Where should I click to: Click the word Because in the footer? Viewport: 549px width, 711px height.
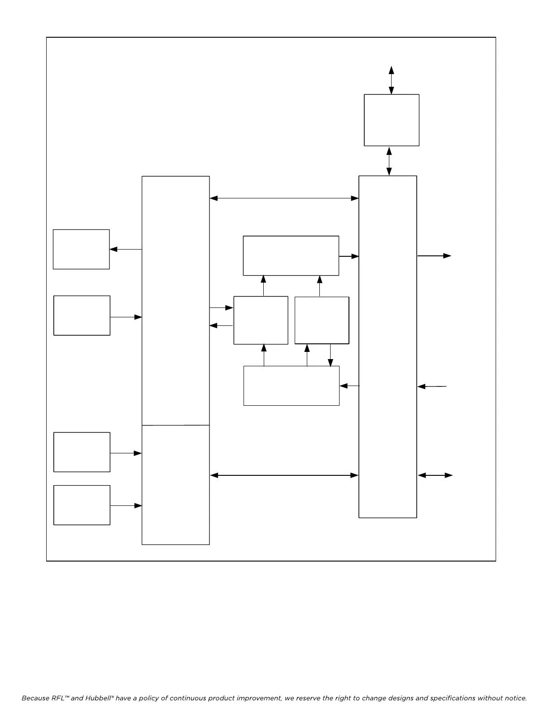click(35, 698)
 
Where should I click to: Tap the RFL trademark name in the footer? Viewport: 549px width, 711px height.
click(55, 698)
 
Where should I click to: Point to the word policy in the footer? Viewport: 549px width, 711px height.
click(143, 698)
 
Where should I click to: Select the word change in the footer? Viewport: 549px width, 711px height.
click(375, 698)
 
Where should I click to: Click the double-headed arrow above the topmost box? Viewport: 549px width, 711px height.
click(392, 80)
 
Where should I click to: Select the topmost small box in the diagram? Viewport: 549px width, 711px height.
click(392, 120)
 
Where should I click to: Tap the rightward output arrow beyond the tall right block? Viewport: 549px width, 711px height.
click(434, 256)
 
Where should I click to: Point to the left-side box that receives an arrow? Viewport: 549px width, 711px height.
click(81, 249)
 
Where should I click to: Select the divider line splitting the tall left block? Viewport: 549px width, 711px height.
click(175, 425)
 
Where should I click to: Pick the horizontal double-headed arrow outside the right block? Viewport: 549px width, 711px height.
click(435, 475)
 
